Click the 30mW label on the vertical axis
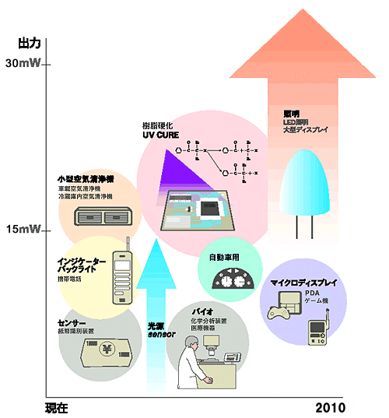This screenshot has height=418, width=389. tap(23, 64)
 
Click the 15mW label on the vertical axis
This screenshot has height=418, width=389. tap(23, 230)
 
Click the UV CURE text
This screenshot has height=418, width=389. tap(160, 135)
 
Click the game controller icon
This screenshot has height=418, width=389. tap(279, 314)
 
